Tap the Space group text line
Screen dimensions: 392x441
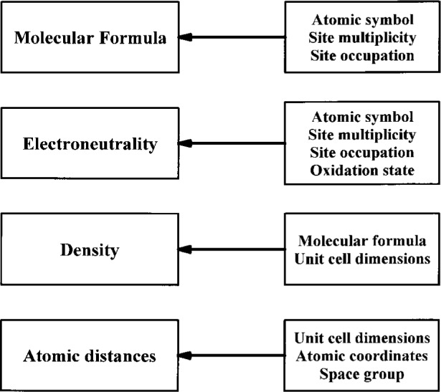[x=361, y=373]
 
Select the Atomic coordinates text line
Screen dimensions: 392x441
[x=361, y=355]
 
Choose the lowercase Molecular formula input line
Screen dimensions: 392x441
[x=361, y=242]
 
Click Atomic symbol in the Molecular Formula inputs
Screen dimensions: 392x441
[x=361, y=20]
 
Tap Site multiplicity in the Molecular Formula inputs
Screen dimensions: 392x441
[x=361, y=37]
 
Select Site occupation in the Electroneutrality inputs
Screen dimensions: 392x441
[x=361, y=152]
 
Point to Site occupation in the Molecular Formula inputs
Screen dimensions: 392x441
[x=361, y=54]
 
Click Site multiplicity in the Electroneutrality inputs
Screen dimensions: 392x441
[x=361, y=135]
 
